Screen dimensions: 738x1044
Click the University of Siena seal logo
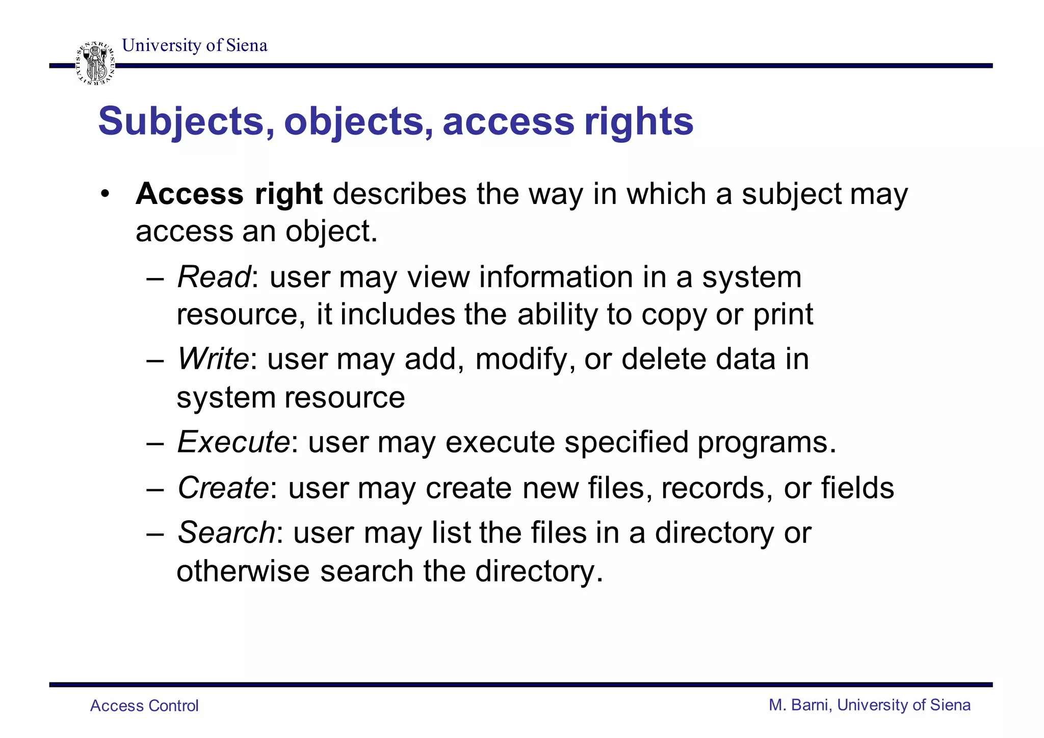point(95,64)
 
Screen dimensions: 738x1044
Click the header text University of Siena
point(194,45)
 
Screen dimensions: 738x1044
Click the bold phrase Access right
point(229,194)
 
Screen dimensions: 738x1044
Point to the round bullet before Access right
point(105,194)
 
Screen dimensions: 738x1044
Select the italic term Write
point(213,359)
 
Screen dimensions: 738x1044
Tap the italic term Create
point(223,488)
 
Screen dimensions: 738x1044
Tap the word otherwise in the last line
point(243,571)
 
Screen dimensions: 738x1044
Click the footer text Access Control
point(144,706)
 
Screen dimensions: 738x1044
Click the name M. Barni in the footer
point(800,705)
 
